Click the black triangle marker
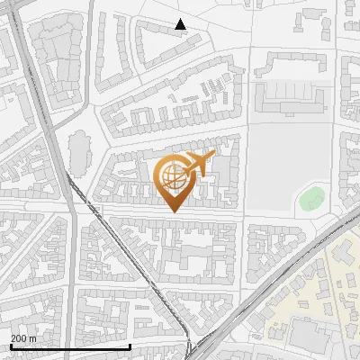click(180, 24)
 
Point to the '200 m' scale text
click(23, 338)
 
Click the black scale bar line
click(70, 346)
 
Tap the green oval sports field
click(311, 199)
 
